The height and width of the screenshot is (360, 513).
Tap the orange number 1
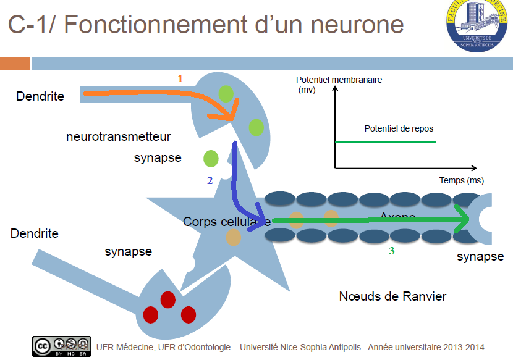[x=180, y=78]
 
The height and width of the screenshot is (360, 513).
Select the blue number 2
[x=210, y=180]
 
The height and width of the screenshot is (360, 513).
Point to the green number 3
[x=391, y=251]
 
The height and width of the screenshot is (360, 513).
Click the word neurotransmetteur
[x=119, y=136]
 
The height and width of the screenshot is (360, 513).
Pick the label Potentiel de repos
[x=399, y=128]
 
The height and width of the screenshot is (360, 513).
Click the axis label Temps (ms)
[x=462, y=180]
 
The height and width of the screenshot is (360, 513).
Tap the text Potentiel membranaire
[x=339, y=80]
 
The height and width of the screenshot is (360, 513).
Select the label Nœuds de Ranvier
[x=392, y=296]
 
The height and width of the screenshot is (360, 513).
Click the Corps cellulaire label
[x=226, y=221]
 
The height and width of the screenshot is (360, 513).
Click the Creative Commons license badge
[x=62, y=346]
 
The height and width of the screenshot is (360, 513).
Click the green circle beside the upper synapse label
[x=211, y=158]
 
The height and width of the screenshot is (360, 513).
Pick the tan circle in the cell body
[x=233, y=237]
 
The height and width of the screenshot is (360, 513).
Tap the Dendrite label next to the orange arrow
[x=40, y=96]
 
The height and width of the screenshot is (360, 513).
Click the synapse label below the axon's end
[x=480, y=256]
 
